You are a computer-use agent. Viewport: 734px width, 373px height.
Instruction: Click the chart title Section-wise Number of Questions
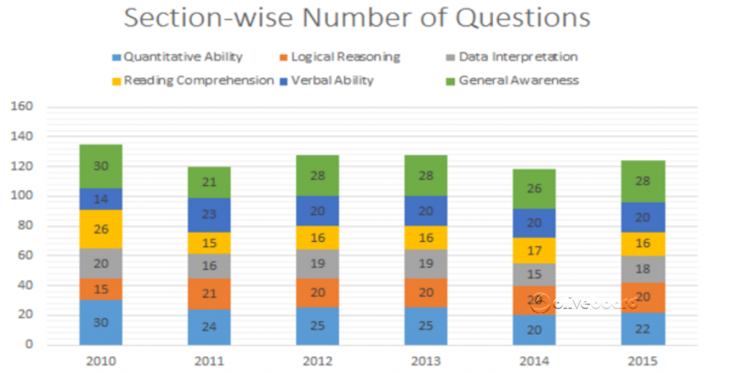pos(357,18)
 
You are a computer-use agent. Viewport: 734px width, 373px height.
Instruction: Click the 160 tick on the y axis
pos(22,107)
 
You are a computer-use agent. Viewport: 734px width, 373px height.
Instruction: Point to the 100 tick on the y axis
pos(22,196)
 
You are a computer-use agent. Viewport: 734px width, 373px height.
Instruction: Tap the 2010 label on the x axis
pos(100,361)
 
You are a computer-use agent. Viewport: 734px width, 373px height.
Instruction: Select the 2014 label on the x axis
pos(533,361)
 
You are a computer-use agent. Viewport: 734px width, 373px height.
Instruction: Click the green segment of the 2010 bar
pos(100,166)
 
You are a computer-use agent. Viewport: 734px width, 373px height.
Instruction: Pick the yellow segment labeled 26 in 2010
pos(100,230)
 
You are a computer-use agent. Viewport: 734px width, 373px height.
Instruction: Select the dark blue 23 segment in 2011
pos(209,214)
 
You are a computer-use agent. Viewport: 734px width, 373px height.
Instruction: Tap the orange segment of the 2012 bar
pos(318,293)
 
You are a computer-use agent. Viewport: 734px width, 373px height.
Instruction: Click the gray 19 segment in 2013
pos(426,263)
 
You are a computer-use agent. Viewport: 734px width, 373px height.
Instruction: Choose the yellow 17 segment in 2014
pos(533,251)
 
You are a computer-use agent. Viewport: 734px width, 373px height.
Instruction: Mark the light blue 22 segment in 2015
pos(643,329)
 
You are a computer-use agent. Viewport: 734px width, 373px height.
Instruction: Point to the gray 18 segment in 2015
pos(643,270)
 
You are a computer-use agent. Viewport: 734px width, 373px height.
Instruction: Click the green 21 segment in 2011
pos(209,183)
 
